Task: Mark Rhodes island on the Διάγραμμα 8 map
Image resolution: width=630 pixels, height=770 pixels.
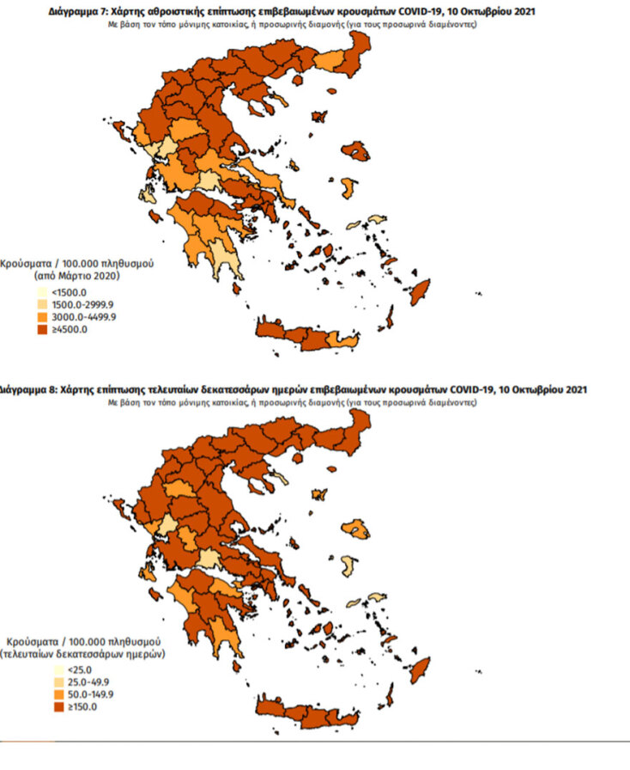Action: coord(420,669)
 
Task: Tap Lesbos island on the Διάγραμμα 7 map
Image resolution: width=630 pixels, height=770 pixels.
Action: coord(358,151)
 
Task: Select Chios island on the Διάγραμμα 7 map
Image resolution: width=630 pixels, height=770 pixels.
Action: coord(348,188)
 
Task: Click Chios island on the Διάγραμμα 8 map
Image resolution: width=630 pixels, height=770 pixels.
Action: coord(347,565)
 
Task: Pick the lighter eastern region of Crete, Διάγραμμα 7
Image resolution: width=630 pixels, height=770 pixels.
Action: coord(342,340)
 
